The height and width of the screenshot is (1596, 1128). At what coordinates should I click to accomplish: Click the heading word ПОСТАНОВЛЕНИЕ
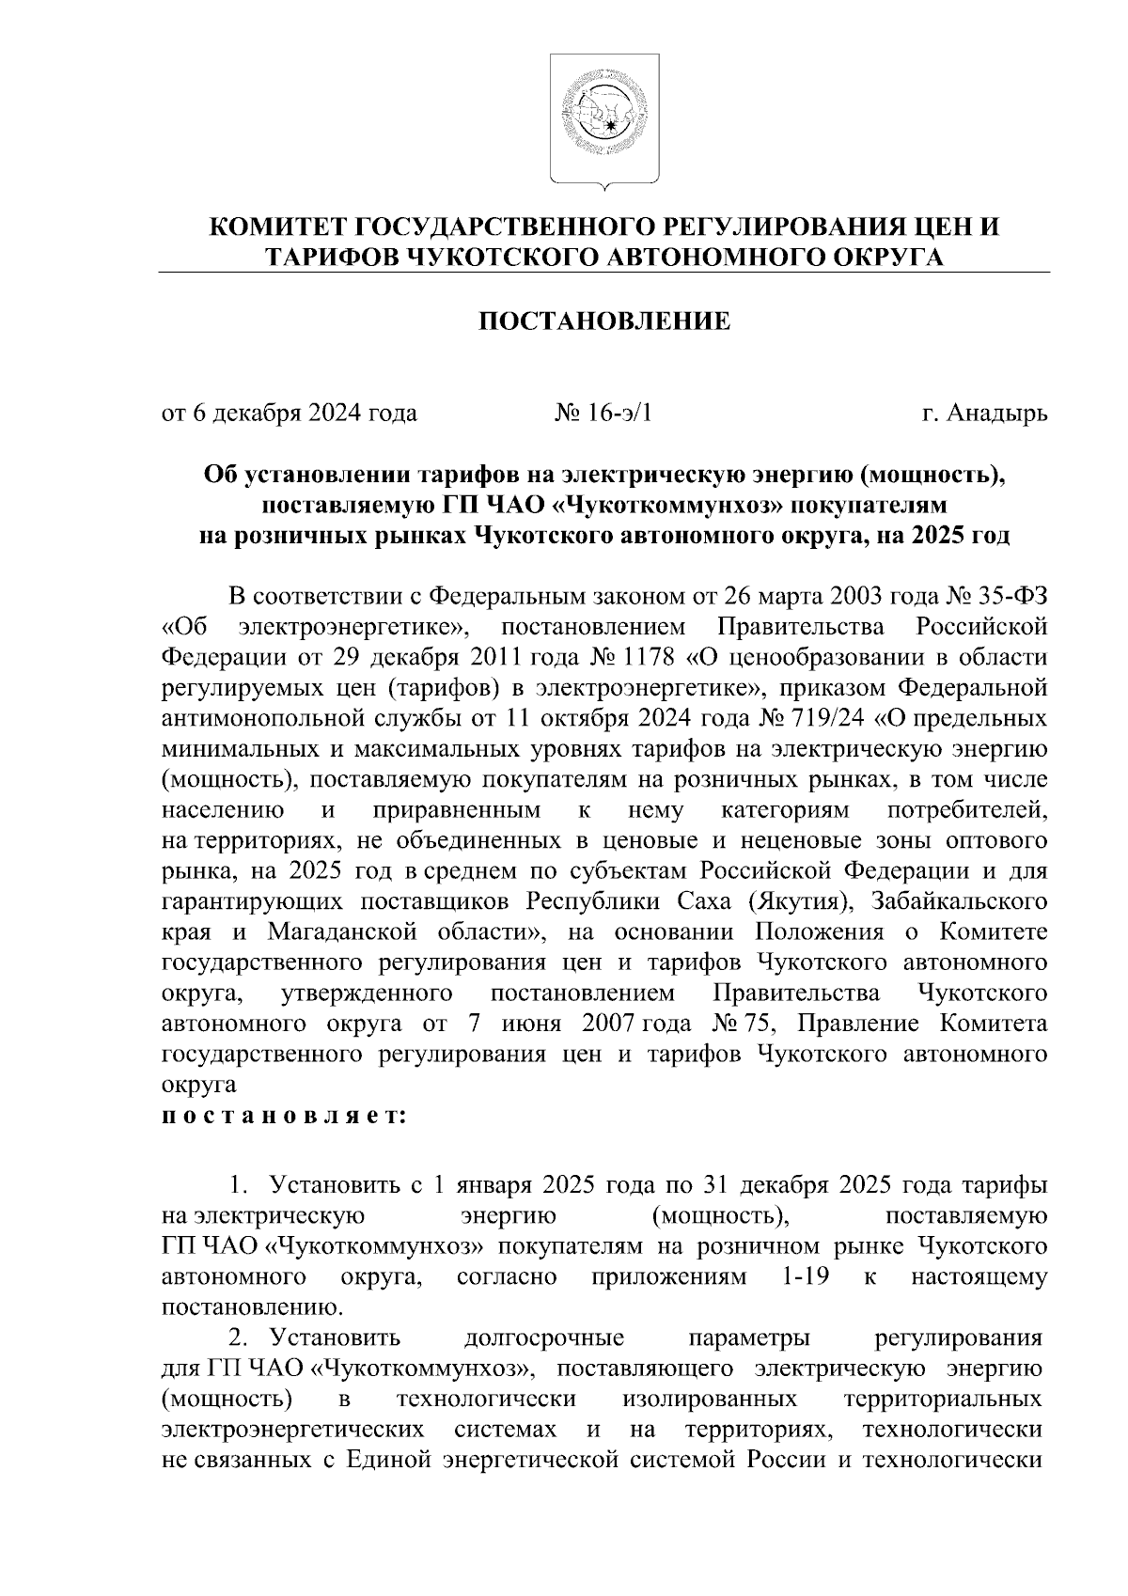(x=604, y=322)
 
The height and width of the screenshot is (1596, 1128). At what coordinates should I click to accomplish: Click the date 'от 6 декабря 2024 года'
(x=290, y=414)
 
